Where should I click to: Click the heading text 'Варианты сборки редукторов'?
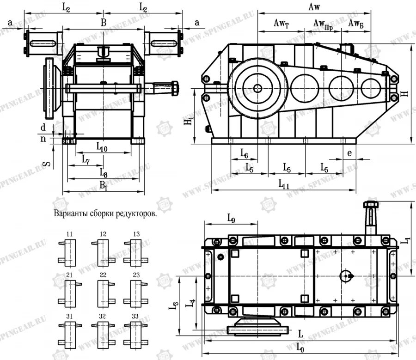point(105,214)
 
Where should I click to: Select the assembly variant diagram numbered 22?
point(102,292)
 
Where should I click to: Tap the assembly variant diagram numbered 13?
point(135,252)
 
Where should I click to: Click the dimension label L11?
point(284,184)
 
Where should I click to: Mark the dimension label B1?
point(104,186)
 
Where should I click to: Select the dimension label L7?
point(86,159)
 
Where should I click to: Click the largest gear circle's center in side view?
point(257,87)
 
